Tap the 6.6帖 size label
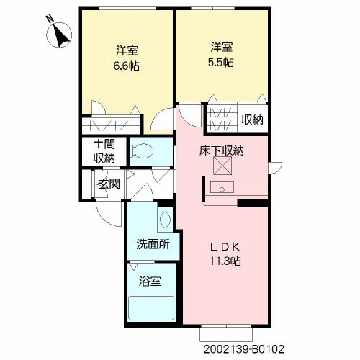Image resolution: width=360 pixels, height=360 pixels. click(x=127, y=66)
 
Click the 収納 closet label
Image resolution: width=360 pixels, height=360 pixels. click(x=252, y=120)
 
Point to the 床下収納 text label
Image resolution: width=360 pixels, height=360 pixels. click(x=222, y=151)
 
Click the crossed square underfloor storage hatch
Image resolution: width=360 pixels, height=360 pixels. click(x=222, y=168)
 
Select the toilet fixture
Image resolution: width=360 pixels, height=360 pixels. click(x=143, y=152)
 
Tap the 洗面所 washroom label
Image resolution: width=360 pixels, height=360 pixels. click(x=153, y=244)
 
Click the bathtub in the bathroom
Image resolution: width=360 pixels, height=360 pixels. click(x=151, y=310)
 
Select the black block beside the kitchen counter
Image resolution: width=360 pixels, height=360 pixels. click(x=253, y=203)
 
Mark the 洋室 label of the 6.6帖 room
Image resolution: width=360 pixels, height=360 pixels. click(x=127, y=50)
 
